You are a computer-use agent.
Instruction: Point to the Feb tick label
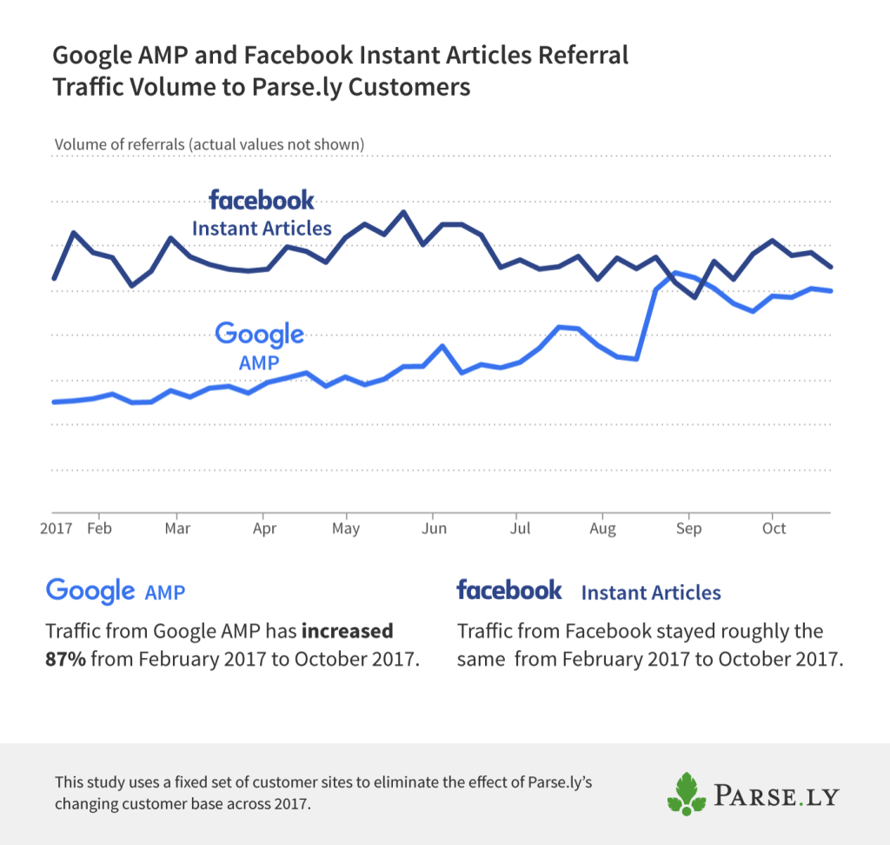[x=100, y=528]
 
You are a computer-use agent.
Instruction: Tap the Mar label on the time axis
[x=177, y=528]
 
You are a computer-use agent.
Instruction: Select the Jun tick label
[x=433, y=528]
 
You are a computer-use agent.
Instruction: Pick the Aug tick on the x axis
[x=602, y=528]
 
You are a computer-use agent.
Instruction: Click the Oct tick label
[x=774, y=528]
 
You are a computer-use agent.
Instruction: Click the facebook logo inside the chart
[x=262, y=201]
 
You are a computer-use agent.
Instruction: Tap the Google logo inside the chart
[x=259, y=335]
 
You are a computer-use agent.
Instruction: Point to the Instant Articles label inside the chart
[x=262, y=229]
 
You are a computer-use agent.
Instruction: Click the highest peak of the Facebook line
[x=403, y=211]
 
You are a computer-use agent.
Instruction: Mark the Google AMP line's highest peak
[x=675, y=272]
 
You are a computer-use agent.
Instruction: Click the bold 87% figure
[x=65, y=659]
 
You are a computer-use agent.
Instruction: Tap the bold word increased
[x=350, y=630]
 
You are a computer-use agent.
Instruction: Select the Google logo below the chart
[x=90, y=591]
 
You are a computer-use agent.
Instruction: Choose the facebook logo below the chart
[x=509, y=591]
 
